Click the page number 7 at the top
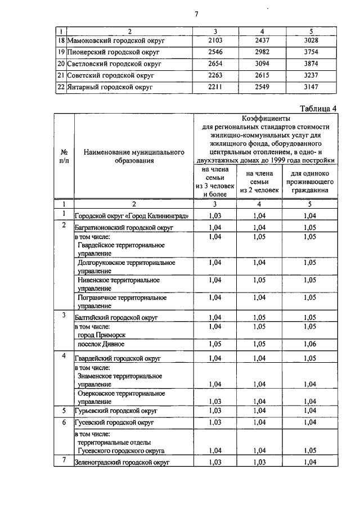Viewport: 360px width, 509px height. pos(197,14)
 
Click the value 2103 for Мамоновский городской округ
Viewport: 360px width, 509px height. pos(215,41)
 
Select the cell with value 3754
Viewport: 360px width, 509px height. pos(308,52)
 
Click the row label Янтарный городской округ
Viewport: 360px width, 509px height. pos(109,87)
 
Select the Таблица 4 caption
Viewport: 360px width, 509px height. pos(318,109)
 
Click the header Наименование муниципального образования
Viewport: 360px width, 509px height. pos(134,156)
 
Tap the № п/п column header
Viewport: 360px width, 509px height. pos(64,156)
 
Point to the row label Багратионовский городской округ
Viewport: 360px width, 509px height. pos(124,227)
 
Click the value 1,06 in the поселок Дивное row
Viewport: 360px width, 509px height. pos(308,344)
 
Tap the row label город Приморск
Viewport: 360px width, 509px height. pos(102,335)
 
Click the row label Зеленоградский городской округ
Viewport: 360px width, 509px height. pos(122,462)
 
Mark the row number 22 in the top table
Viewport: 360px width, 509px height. pos(61,87)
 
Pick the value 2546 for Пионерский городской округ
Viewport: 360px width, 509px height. pos(215,52)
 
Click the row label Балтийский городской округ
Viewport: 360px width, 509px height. pos(116,318)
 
